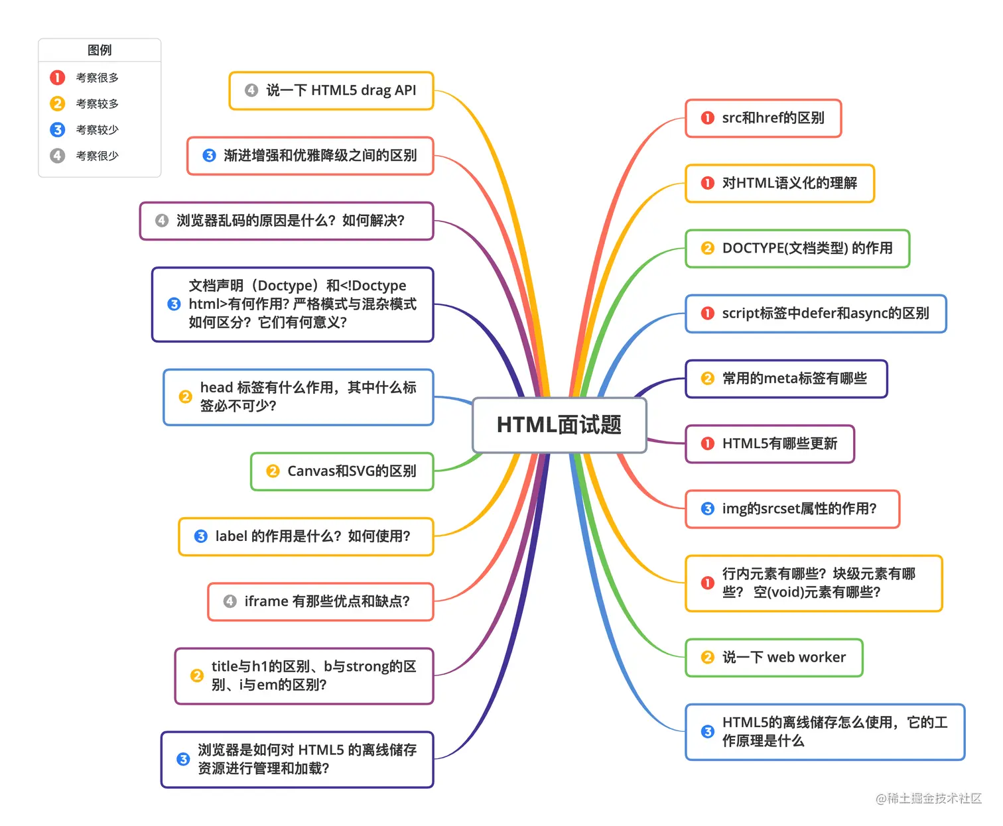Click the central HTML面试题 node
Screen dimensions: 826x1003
tap(559, 425)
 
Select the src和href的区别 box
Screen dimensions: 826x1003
tap(763, 118)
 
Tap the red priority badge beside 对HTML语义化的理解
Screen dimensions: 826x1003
tap(708, 183)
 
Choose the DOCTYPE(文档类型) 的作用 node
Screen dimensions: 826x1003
tap(797, 249)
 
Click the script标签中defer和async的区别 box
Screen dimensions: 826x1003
tap(815, 314)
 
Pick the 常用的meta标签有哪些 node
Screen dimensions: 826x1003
tap(786, 379)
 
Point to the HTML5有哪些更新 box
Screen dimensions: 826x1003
tap(769, 443)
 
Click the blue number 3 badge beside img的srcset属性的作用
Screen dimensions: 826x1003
tap(708, 508)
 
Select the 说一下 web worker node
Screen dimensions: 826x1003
tap(773, 658)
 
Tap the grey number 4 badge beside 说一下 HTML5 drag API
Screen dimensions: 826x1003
tap(251, 90)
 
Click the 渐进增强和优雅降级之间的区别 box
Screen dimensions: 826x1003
tap(310, 156)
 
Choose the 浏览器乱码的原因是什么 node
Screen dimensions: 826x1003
tap(287, 221)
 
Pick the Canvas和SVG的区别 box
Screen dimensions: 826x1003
tap(342, 471)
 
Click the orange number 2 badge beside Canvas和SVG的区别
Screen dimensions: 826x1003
tap(273, 471)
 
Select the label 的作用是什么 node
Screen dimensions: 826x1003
tap(306, 536)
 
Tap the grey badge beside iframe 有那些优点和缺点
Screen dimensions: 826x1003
tap(230, 601)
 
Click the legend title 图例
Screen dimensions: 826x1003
tap(100, 50)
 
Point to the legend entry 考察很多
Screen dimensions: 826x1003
tap(97, 78)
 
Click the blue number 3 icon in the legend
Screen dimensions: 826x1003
tap(58, 130)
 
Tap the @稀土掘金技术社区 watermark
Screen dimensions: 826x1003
tap(928, 798)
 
